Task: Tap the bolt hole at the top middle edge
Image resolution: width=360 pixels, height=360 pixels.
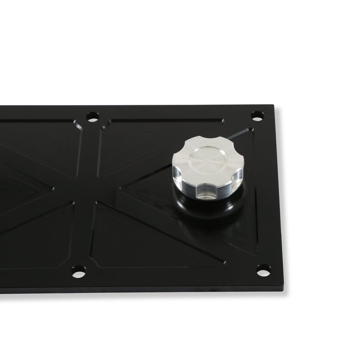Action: [x=93, y=116]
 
